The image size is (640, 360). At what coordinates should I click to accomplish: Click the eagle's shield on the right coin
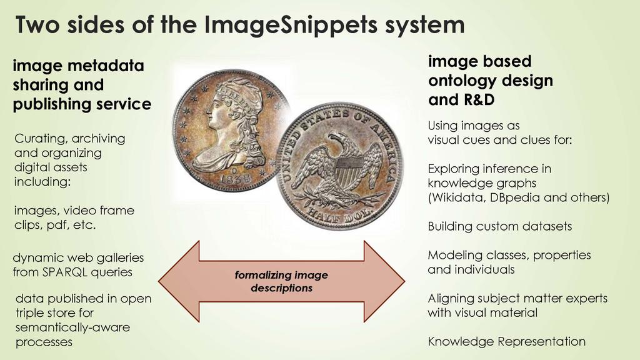coord(347,169)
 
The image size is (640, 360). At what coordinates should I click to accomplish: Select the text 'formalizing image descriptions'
coord(281,282)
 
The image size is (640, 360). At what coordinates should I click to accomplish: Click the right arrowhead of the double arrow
coord(384,281)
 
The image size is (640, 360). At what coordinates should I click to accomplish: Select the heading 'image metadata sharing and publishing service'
coord(81,85)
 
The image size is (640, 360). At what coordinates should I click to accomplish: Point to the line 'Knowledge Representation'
coord(506,341)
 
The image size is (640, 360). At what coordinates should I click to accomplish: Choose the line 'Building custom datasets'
coord(499,226)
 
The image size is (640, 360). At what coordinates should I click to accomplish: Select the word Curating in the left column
coord(38,138)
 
